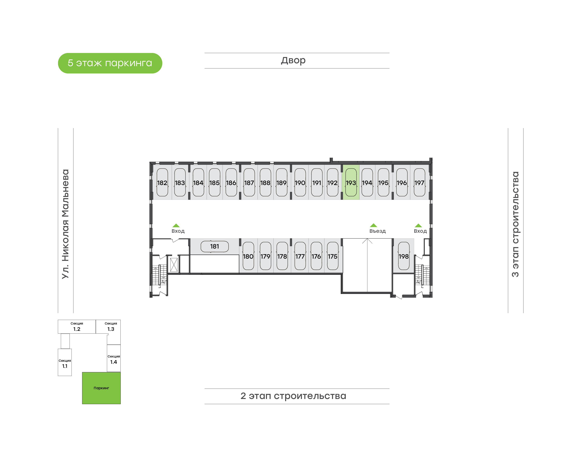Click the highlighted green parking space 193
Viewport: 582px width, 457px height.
click(351, 182)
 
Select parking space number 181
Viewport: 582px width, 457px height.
click(215, 246)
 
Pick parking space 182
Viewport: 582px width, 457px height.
click(162, 182)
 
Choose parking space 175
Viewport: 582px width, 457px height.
click(333, 256)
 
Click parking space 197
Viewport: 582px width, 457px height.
click(420, 182)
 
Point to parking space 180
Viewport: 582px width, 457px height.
click(248, 256)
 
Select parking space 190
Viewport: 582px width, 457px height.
click(300, 182)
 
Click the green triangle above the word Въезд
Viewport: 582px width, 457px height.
click(373, 225)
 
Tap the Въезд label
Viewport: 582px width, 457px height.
click(377, 231)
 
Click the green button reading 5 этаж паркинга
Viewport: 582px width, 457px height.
click(110, 63)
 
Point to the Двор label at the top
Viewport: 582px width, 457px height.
click(293, 60)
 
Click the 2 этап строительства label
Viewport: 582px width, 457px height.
click(293, 396)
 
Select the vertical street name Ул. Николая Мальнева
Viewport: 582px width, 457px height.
click(65, 224)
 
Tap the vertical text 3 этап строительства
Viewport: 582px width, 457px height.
click(516, 224)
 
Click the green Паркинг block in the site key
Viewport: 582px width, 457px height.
click(101, 388)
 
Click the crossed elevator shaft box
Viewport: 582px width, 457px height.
click(174, 265)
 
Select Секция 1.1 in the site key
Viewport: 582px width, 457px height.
click(65, 364)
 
